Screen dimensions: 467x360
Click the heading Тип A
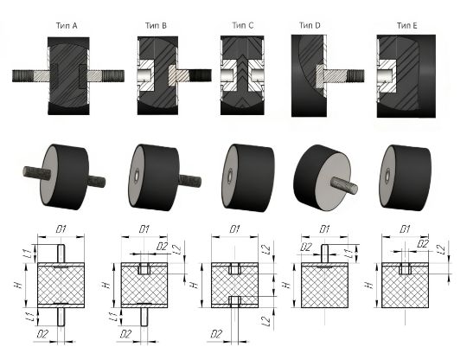67,26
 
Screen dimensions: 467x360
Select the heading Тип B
156,26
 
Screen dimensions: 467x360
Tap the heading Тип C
243,26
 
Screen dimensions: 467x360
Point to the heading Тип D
310,26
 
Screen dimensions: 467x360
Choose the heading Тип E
406,26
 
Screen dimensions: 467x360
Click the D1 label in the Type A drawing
61,229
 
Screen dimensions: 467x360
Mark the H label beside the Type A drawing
18,285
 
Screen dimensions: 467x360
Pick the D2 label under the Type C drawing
216,334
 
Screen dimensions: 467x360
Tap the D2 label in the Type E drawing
423,244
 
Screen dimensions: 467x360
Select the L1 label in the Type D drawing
350,254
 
